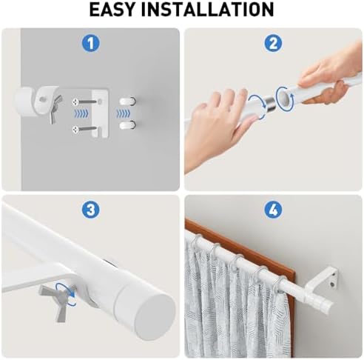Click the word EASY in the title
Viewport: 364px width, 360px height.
[112, 9]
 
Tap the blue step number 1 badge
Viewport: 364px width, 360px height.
[91, 43]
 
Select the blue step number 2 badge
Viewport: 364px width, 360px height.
[273, 43]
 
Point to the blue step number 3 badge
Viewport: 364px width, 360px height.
[91, 210]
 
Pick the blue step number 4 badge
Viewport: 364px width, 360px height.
[273, 210]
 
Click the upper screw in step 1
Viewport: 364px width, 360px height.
[84, 101]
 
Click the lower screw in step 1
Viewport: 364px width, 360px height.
[84, 129]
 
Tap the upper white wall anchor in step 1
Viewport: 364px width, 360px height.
[127, 101]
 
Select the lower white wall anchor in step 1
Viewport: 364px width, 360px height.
[127, 125]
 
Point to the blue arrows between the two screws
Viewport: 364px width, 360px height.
[81, 113]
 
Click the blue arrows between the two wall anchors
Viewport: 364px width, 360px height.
[123, 113]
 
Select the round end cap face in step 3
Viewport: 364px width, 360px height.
[155, 317]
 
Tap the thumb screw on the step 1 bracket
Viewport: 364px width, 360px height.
[55, 109]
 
